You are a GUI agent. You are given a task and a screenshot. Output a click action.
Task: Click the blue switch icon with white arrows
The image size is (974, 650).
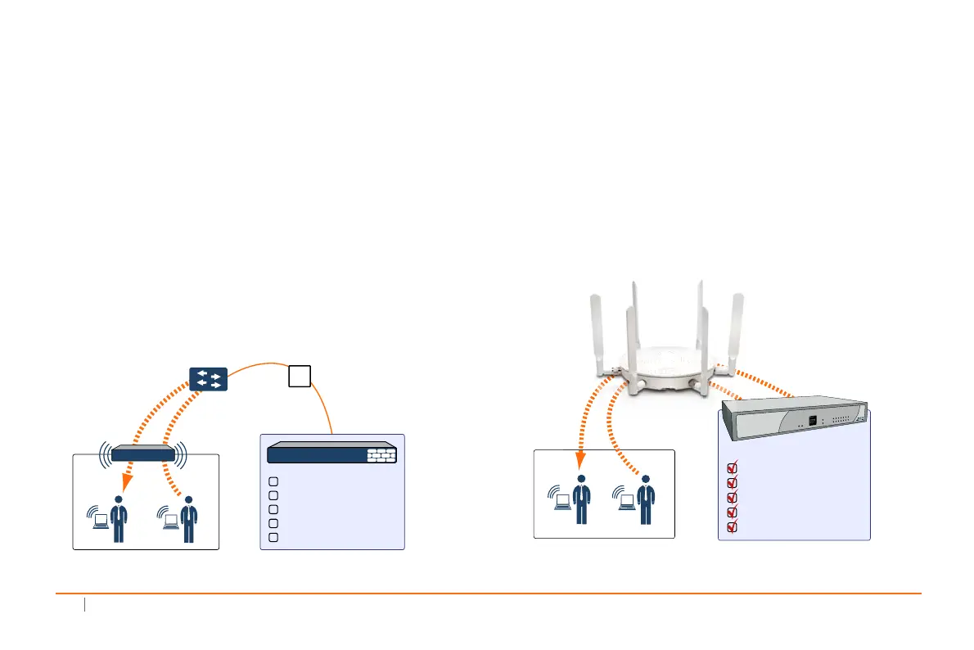208,378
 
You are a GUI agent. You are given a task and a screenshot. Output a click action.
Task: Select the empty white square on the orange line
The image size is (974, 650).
300,376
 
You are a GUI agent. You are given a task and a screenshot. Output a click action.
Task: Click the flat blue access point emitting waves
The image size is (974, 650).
143,453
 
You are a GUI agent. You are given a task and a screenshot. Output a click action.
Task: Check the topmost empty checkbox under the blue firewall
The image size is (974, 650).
274,481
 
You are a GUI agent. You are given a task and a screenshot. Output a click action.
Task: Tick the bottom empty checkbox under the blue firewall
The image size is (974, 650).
274,537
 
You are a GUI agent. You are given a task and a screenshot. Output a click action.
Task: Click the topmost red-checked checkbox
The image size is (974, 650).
733,469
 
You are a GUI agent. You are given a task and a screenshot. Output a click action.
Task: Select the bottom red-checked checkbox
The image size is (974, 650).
733,526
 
